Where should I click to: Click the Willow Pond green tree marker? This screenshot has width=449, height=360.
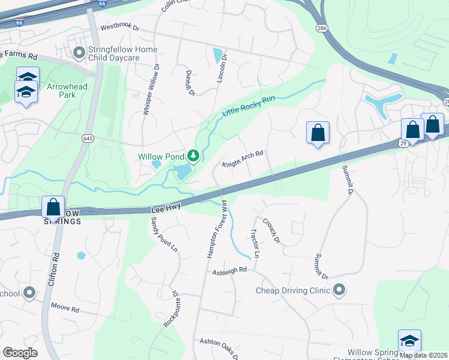[x=193, y=157]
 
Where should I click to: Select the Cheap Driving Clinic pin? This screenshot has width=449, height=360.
[x=339, y=290]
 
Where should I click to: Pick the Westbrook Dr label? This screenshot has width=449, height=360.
[x=119, y=28]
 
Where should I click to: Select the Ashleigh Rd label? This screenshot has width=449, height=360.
[x=229, y=271]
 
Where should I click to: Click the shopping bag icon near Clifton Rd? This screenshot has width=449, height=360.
[x=53, y=207]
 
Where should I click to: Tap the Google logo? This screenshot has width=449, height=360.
[x=20, y=353]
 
